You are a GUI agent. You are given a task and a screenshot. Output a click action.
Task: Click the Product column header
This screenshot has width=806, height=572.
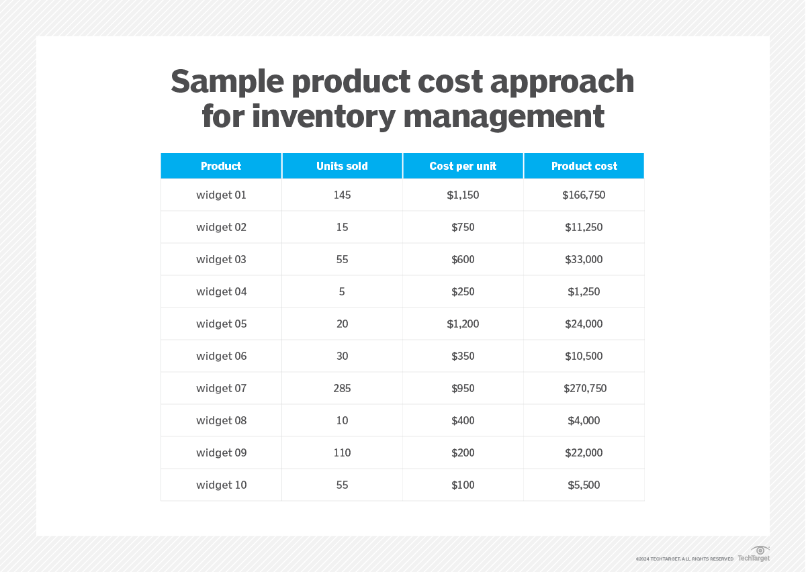click(x=220, y=166)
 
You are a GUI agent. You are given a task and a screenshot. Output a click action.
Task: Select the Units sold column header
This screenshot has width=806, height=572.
click(x=342, y=166)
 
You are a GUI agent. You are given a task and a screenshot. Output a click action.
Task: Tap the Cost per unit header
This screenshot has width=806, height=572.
click(x=463, y=166)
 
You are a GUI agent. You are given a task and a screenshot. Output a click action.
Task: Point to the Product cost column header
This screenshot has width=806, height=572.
click(x=584, y=166)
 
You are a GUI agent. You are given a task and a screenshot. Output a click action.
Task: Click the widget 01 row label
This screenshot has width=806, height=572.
click(x=221, y=195)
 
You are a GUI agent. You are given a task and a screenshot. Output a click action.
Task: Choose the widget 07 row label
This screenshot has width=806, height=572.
click(x=221, y=388)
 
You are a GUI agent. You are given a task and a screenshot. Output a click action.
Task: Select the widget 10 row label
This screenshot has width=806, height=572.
click(x=221, y=485)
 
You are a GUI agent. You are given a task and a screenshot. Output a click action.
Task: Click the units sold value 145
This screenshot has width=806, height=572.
click(x=342, y=195)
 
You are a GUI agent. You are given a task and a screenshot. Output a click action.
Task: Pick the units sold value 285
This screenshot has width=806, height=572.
click(x=342, y=388)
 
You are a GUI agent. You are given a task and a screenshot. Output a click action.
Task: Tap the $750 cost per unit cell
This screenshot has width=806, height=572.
click(x=463, y=227)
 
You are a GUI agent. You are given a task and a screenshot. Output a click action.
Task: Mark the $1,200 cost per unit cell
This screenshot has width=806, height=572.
click(x=463, y=324)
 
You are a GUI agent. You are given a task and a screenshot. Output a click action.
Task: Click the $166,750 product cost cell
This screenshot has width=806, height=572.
click(x=584, y=195)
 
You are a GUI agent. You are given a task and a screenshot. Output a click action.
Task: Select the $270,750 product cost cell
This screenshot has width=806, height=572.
click(x=585, y=388)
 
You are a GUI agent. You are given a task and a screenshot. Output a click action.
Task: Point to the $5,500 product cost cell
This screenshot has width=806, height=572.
click(x=584, y=485)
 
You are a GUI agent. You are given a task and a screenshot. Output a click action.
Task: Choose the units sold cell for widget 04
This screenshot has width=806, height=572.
click(x=342, y=291)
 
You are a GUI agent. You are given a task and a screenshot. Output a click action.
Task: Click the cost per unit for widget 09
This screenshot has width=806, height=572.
click(x=463, y=452)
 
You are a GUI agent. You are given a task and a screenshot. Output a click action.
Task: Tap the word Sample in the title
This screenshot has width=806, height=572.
click(x=227, y=83)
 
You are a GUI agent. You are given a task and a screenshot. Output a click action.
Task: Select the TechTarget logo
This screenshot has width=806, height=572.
click(x=754, y=554)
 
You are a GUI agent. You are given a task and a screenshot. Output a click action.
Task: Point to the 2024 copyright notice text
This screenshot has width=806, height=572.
click(x=684, y=559)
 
